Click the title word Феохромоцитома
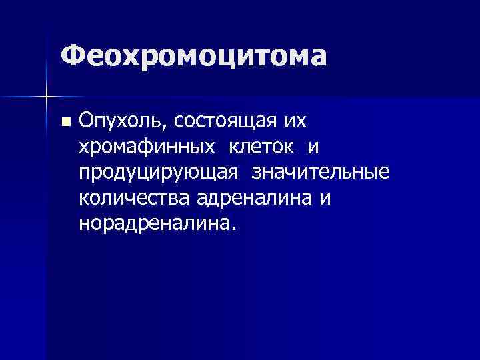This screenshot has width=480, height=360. click(x=193, y=56)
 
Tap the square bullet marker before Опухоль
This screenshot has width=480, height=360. click(x=65, y=122)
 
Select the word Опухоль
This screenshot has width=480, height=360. click(x=117, y=121)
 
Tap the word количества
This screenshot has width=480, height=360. click(x=135, y=197)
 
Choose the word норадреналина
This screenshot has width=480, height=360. click(x=155, y=223)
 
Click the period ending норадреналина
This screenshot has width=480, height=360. click(x=233, y=228)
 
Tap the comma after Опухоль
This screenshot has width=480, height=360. click(x=157, y=127)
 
